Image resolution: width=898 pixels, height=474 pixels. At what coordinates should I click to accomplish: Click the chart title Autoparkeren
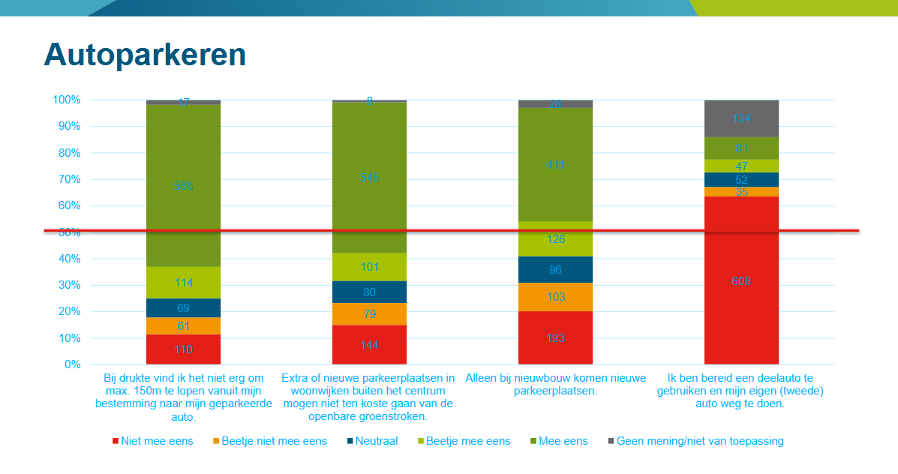(x=145, y=55)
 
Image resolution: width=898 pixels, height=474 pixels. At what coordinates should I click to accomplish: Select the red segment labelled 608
(x=741, y=281)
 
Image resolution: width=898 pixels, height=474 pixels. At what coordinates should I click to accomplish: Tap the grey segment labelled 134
(x=741, y=118)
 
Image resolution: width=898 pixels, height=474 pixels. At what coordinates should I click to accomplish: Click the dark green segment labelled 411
(x=555, y=164)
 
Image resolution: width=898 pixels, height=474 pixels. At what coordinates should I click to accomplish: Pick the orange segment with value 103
(x=555, y=297)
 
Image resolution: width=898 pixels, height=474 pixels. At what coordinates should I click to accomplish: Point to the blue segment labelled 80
(x=369, y=292)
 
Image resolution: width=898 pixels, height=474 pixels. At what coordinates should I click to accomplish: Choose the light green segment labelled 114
(x=183, y=283)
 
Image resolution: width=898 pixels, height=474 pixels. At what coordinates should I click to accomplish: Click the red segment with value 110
(x=183, y=349)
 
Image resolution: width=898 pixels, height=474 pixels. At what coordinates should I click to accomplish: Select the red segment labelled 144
(x=369, y=345)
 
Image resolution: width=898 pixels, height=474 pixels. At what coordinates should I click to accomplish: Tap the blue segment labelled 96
(x=555, y=269)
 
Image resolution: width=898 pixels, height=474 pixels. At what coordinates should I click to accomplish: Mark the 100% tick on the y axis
(x=66, y=100)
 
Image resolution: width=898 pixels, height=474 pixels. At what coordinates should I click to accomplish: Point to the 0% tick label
(x=71, y=365)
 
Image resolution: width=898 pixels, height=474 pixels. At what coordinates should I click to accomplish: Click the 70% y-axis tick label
(x=68, y=180)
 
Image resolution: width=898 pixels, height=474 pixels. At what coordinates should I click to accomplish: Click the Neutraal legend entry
(x=372, y=441)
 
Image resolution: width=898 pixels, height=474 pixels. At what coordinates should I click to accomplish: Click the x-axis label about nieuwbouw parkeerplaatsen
(x=555, y=385)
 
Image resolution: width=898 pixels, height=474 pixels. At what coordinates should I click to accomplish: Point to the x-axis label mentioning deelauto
(x=740, y=390)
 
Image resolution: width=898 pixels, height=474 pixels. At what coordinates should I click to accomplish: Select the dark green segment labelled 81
(x=741, y=148)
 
